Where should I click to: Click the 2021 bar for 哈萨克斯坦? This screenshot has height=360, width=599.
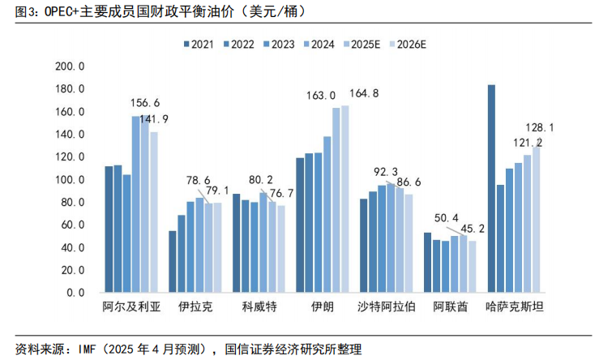(491, 188)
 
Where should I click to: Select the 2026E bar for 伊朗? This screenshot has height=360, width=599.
(344, 199)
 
